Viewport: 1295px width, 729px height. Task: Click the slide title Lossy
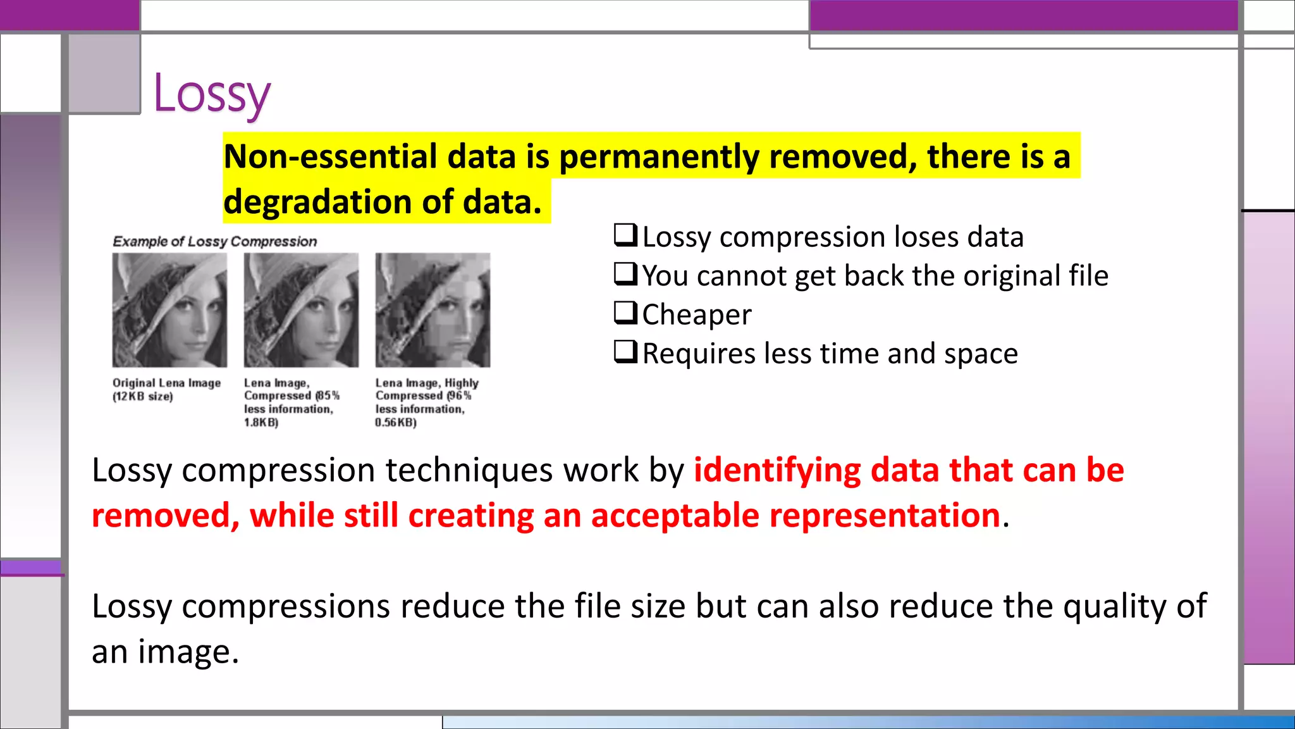pos(212,94)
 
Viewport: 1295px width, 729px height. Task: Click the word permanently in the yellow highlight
pos(659,156)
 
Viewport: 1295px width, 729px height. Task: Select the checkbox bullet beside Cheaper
pos(625,313)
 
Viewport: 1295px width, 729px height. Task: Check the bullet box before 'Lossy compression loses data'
pos(625,235)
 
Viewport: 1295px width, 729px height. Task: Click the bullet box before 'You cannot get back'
pos(625,274)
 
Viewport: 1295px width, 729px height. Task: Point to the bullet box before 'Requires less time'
pos(625,352)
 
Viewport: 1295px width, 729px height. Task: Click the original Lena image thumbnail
pos(169,310)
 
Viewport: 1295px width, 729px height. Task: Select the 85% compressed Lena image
pos(301,310)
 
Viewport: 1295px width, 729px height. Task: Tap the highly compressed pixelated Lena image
pos(433,310)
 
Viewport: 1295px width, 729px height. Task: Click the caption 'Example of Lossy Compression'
pos(214,241)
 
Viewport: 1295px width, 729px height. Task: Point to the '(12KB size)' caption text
pos(142,397)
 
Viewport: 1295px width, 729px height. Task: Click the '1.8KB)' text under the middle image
pos(261,422)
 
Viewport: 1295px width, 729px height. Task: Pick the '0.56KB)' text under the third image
pos(396,422)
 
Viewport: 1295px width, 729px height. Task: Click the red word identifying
pos(777,470)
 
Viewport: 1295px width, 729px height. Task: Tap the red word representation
pos(884,515)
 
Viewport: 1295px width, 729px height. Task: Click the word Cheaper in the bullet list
pos(697,315)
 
